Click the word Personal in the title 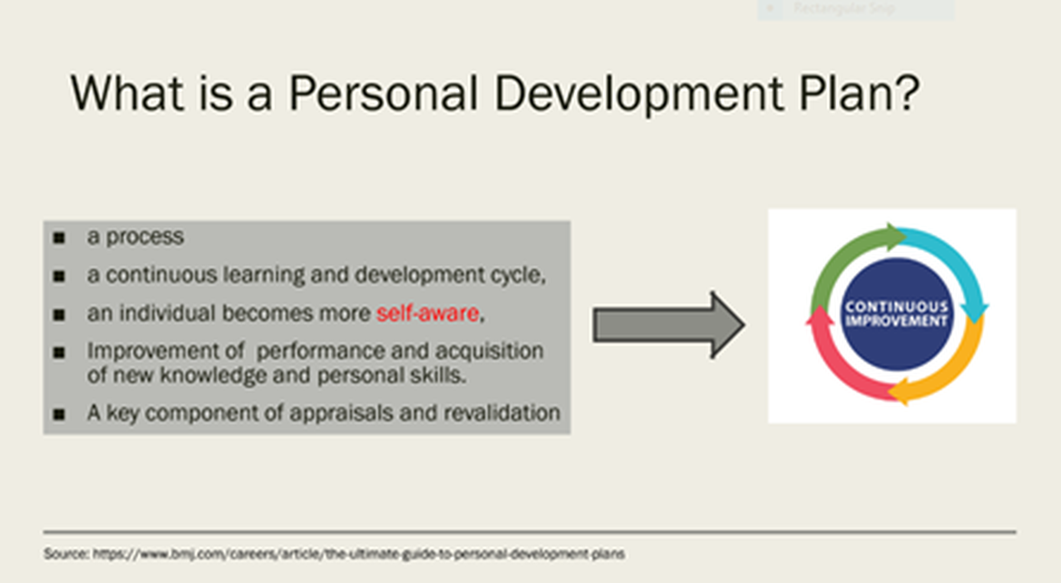pos(384,92)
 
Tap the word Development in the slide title pos(638,94)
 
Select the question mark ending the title pos(908,92)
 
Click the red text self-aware pos(428,313)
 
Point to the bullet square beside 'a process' pos(60,238)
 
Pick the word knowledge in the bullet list pos(213,376)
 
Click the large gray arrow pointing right pos(668,326)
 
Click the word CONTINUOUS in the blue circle pos(897,306)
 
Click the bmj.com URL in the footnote pos(358,554)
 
